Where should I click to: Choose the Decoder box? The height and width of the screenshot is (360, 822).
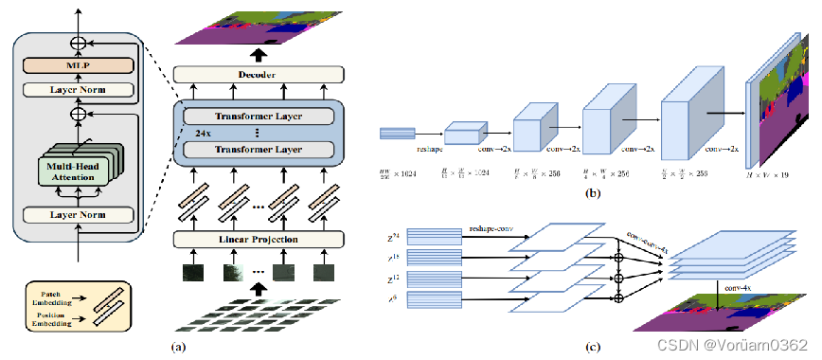point(255,74)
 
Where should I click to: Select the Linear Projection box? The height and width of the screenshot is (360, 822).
point(255,239)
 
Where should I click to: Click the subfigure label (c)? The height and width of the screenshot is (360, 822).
point(592,346)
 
